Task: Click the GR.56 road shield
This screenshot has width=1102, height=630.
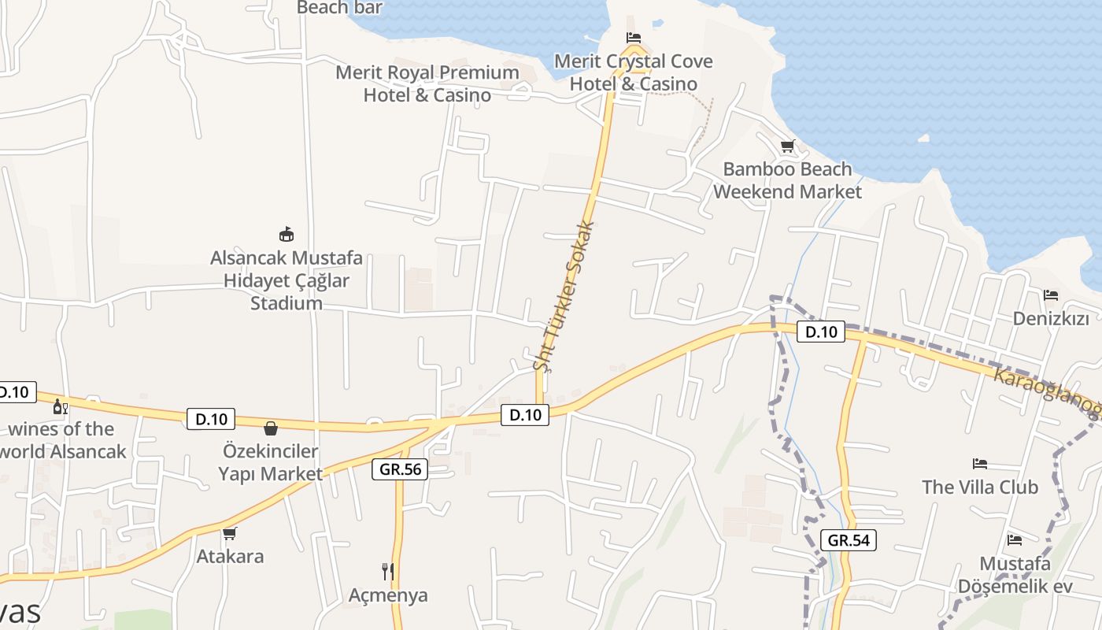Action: [x=400, y=470]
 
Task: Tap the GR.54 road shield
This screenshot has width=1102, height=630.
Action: [x=848, y=540]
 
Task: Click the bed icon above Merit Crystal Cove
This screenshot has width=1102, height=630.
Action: [x=634, y=38]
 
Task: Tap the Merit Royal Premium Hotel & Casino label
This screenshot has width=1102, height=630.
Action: [x=427, y=83]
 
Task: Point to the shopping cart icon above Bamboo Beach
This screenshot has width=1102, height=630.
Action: [x=787, y=146]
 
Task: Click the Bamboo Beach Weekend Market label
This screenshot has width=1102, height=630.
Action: [x=787, y=180]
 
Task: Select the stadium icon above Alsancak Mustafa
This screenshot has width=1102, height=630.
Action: [x=287, y=234]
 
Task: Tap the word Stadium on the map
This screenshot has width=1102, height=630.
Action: [x=287, y=303]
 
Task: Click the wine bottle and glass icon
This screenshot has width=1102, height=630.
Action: [x=60, y=407]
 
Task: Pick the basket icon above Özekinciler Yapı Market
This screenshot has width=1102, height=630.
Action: [x=271, y=428]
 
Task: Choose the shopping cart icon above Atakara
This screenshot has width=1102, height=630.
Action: [x=230, y=534]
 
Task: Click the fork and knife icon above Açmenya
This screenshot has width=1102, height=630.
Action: [x=388, y=571]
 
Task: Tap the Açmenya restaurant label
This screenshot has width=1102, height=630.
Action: [x=388, y=595]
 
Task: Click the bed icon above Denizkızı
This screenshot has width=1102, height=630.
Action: [x=1051, y=295]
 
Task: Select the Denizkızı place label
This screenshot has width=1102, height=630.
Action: [x=1051, y=319]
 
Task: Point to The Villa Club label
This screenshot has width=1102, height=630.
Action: [x=980, y=487]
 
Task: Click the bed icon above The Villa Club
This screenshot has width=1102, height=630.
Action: [x=980, y=464]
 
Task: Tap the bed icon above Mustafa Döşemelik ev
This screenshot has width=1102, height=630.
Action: [x=1015, y=540]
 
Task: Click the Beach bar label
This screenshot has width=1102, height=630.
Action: [x=339, y=8]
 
